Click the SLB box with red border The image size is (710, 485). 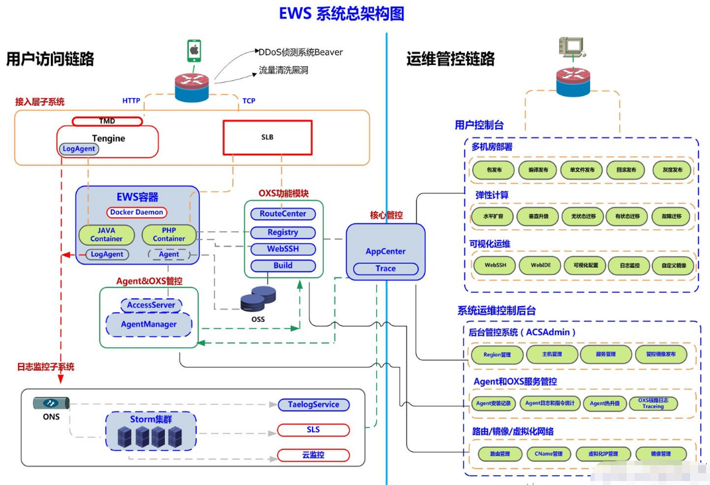(267, 137)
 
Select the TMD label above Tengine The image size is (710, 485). (107, 121)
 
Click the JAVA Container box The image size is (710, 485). (106, 235)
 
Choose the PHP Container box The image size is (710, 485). (169, 235)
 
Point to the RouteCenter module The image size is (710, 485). (283, 214)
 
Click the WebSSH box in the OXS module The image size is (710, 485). (283, 249)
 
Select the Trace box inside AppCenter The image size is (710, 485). (385, 268)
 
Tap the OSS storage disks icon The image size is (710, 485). (258, 299)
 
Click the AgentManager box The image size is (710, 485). (148, 324)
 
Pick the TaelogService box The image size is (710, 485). (313, 404)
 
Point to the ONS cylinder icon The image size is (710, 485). (51, 403)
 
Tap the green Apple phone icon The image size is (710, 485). (194, 50)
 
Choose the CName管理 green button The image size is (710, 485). (548, 454)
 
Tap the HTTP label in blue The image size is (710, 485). (131, 101)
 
